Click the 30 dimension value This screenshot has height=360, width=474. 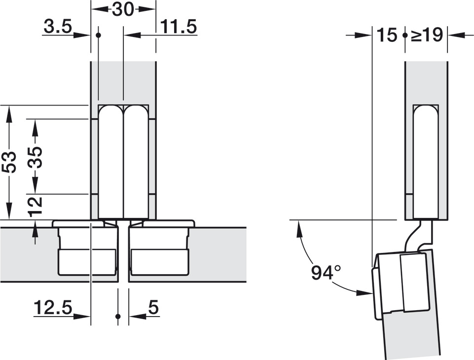122,10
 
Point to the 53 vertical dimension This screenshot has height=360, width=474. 10,162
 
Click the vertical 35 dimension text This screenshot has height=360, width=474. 35,157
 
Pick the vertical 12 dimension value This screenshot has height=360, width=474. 35,206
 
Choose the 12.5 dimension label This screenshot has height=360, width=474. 53,307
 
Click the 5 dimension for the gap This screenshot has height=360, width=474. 153,308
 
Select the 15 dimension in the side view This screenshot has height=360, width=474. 387,35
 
